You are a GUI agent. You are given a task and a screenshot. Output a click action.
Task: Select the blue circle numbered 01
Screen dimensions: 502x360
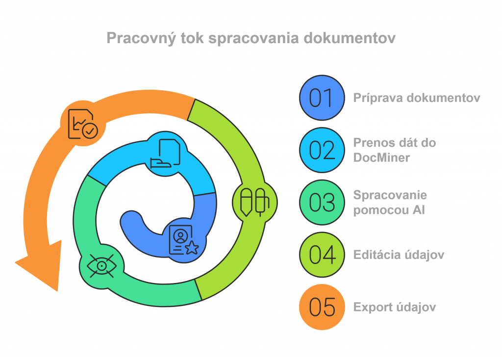[x=322, y=98]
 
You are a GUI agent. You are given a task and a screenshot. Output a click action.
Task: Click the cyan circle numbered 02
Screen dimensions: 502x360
[x=322, y=150]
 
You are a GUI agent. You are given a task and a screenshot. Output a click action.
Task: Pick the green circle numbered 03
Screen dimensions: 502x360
[x=322, y=202]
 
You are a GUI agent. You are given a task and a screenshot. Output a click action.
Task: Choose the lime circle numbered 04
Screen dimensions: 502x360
[x=322, y=255]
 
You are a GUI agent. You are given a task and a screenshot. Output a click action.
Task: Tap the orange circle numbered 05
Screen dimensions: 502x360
[x=322, y=307]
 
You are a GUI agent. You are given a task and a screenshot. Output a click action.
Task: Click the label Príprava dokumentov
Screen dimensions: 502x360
[x=417, y=98]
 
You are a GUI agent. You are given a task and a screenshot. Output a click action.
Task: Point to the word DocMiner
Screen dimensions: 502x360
[x=381, y=157]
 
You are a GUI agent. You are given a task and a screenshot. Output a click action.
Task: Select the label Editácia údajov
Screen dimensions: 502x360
[x=399, y=255]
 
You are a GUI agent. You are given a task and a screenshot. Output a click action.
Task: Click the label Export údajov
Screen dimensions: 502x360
[x=395, y=307]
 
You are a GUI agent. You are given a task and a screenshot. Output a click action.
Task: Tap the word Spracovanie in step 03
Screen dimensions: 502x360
[x=390, y=195]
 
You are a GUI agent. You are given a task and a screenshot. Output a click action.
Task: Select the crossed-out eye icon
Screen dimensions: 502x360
[x=101, y=266]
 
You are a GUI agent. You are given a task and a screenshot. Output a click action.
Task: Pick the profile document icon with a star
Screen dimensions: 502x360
[x=183, y=240]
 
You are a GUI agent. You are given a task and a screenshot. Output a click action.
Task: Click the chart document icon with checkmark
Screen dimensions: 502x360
[x=83, y=124]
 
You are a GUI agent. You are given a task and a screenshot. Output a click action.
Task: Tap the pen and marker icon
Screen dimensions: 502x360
[x=255, y=202]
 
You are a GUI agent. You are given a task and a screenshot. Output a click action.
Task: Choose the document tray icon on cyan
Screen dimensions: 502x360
[x=165, y=153]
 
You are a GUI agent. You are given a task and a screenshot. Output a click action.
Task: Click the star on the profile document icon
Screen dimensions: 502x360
[x=192, y=248]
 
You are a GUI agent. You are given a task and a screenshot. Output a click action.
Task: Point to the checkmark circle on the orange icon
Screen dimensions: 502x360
[x=90, y=131]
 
